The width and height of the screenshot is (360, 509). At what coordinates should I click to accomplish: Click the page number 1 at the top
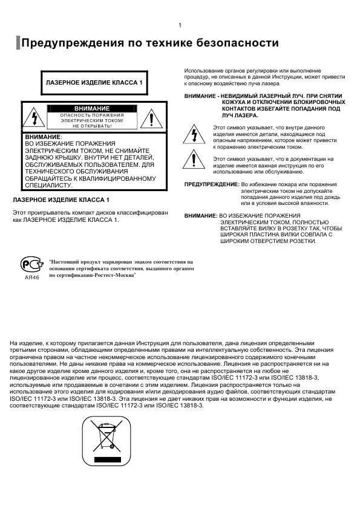180,25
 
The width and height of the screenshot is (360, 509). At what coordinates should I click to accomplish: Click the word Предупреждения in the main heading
73,44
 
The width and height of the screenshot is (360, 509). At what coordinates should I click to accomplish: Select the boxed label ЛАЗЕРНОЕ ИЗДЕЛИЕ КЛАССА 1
94,82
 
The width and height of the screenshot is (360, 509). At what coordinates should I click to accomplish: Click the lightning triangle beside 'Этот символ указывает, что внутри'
194,134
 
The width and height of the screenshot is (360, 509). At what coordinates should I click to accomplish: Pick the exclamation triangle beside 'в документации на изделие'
194,161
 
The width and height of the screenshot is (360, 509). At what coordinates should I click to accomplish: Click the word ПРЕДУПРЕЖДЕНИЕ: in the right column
211,184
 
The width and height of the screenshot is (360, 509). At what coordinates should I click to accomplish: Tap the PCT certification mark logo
31,265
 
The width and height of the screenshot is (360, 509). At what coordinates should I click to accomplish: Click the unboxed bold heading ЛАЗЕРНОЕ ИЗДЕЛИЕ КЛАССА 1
61,199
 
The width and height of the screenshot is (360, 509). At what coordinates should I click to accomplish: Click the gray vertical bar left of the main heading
18,44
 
